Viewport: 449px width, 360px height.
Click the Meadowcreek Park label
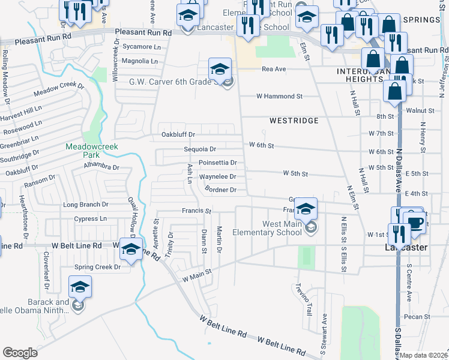pyautogui.click(x=92, y=150)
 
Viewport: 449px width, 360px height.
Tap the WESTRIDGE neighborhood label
pyautogui.click(x=294, y=121)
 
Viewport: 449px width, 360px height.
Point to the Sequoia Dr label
pyautogui.click(x=199, y=149)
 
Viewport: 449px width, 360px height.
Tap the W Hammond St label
pyautogui.click(x=279, y=96)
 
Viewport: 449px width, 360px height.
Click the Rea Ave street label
pyautogui.click(x=274, y=69)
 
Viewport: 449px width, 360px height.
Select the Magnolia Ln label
pyautogui.click(x=139, y=61)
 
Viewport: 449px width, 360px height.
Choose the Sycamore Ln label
pyautogui.click(x=141, y=47)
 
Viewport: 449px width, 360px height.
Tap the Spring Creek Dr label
pyautogui.click(x=97, y=267)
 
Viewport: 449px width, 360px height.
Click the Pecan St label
pyautogui.click(x=418, y=316)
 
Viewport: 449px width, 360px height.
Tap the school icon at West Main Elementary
pyautogui.click(x=306, y=209)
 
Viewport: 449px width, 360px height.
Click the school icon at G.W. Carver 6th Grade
pyautogui.click(x=220, y=69)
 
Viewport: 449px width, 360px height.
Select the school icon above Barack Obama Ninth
pyautogui.click(x=80, y=287)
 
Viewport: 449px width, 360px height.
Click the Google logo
pyautogui.click(x=20, y=353)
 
